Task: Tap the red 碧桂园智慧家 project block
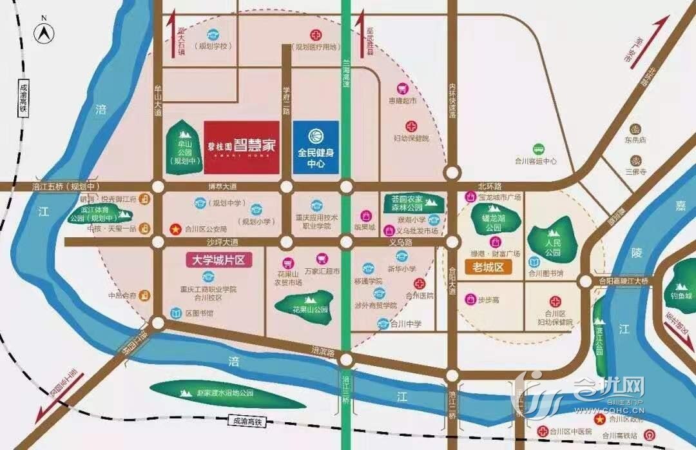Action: [x=242, y=147]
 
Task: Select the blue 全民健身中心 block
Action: [x=316, y=147]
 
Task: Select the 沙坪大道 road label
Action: [x=222, y=242]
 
